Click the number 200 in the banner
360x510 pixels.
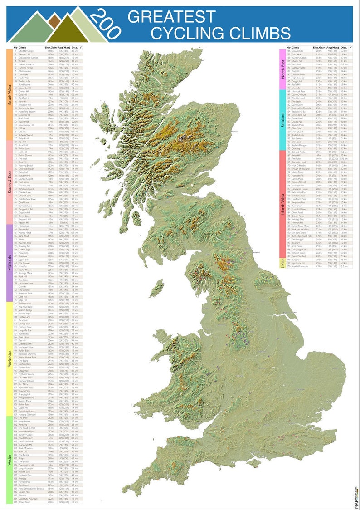105,24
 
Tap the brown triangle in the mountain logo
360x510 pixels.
54,20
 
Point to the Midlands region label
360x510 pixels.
9,262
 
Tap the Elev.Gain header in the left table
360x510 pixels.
50,48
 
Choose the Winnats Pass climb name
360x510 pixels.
27,243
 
